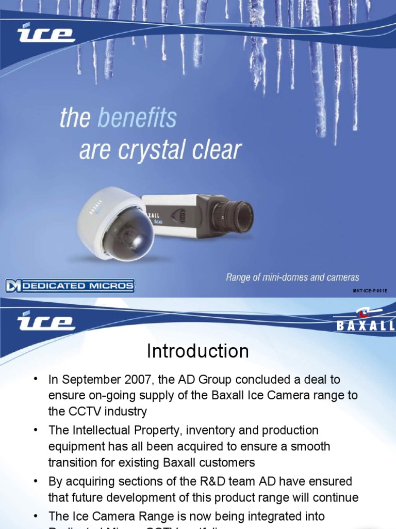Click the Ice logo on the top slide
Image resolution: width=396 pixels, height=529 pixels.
46,35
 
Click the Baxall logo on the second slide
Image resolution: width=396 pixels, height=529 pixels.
367,319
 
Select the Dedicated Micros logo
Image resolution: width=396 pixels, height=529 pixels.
70,286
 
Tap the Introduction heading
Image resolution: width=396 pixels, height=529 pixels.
198,352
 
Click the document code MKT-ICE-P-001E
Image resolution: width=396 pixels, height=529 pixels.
370,291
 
